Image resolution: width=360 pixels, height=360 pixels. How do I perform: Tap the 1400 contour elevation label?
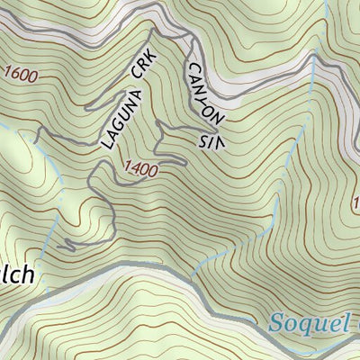pyautogui.click(x=141, y=168)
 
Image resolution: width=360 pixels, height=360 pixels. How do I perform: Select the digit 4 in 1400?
pyautogui.click(x=136, y=168)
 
